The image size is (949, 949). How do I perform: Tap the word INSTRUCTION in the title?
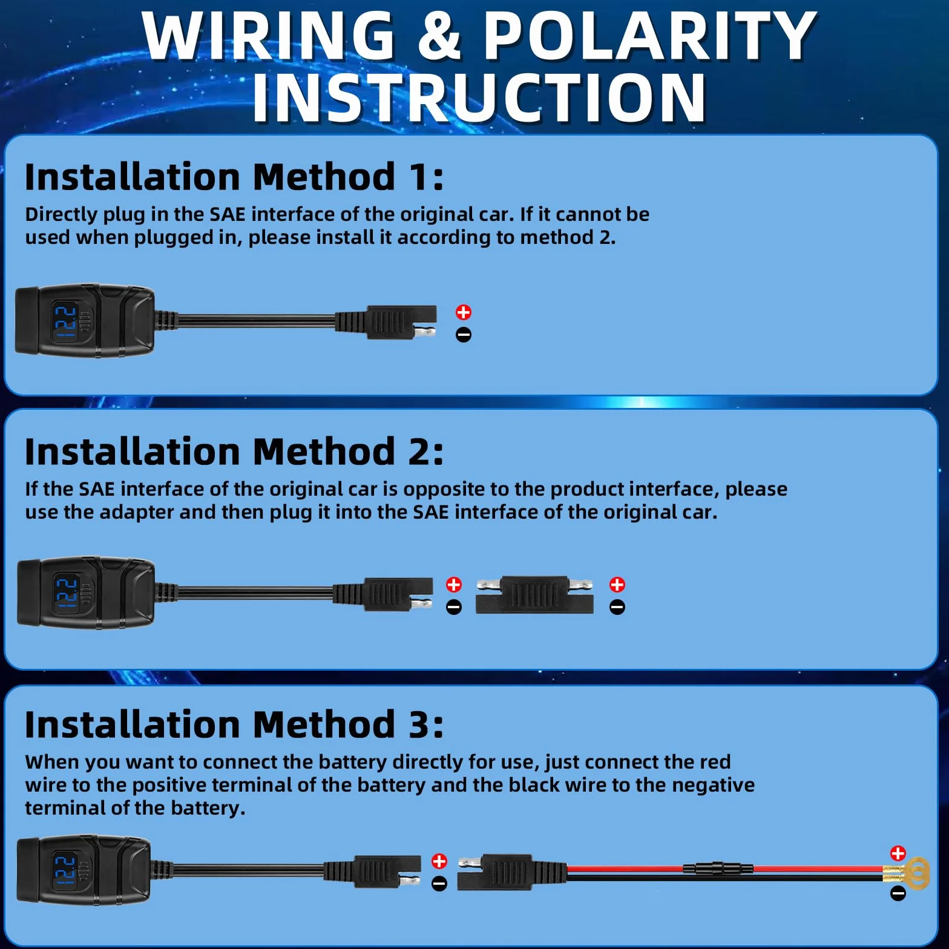479,97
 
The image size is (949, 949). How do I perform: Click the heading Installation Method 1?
234,177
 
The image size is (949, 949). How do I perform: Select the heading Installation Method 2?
234,452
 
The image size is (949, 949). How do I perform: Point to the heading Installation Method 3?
234,724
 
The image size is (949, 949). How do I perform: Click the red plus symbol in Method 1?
464,312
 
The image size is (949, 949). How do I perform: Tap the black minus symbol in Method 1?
464,335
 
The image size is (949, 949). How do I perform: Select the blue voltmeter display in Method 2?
65,593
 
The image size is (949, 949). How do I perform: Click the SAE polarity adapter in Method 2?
534,595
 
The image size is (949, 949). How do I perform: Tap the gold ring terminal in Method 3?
908,875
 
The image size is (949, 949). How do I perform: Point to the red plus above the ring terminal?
898,853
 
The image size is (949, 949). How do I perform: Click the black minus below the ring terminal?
898,893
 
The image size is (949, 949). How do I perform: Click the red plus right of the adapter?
617,585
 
